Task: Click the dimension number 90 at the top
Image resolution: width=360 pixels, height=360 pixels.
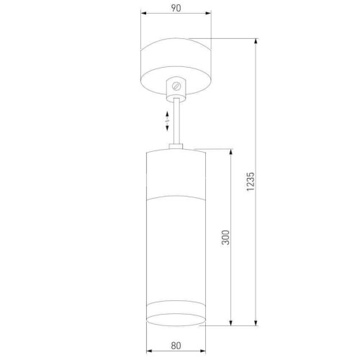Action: pyautogui.click(x=176, y=8)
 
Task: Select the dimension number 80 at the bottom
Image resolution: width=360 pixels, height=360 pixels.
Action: pyautogui.click(x=176, y=345)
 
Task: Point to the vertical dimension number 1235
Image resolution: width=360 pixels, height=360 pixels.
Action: pyautogui.click(x=250, y=181)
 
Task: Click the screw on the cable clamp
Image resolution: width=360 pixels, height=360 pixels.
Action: pyautogui.click(x=176, y=86)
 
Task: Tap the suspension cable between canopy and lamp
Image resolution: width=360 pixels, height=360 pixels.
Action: pyautogui.click(x=176, y=119)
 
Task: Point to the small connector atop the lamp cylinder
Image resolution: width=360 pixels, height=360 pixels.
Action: pyautogui.click(x=176, y=148)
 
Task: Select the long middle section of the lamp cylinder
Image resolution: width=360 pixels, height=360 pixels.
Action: pyautogui.click(x=176, y=245)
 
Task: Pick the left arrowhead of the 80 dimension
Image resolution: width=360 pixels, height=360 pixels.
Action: pyautogui.click(x=148, y=351)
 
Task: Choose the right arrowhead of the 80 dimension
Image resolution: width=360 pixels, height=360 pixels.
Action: pyautogui.click(x=204, y=351)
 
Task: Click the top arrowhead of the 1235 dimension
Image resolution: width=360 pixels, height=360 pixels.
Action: pyautogui.click(x=256, y=40)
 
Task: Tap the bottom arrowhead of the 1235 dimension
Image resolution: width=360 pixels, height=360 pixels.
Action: pyautogui.click(x=256, y=322)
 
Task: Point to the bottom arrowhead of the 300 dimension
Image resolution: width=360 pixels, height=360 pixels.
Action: pyautogui.click(x=230, y=322)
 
